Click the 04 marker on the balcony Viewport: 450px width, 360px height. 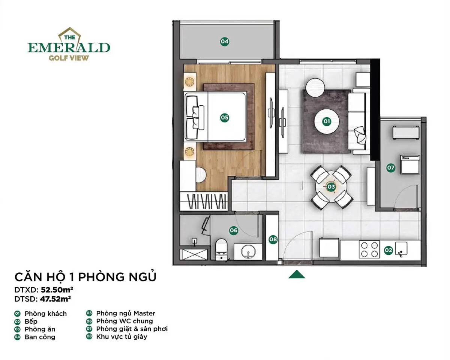tap(224, 42)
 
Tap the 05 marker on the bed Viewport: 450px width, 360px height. tap(224, 118)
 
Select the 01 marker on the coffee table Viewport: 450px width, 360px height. tap(327, 121)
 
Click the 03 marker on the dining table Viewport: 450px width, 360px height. tap(331, 186)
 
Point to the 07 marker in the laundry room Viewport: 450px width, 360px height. tap(391, 168)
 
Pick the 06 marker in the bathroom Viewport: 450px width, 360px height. tap(234, 230)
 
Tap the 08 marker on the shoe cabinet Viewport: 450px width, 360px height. tap(273, 239)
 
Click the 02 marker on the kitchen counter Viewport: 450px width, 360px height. tap(388, 249)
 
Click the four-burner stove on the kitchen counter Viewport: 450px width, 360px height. tap(369, 249)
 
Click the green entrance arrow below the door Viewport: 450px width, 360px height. tap(296, 275)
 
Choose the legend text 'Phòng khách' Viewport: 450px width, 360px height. tap(45, 314)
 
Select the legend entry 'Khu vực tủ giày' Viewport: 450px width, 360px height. tap(121, 337)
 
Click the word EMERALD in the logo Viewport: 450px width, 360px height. tap(69, 48)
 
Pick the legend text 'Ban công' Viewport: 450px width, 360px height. tap(40, 337)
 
